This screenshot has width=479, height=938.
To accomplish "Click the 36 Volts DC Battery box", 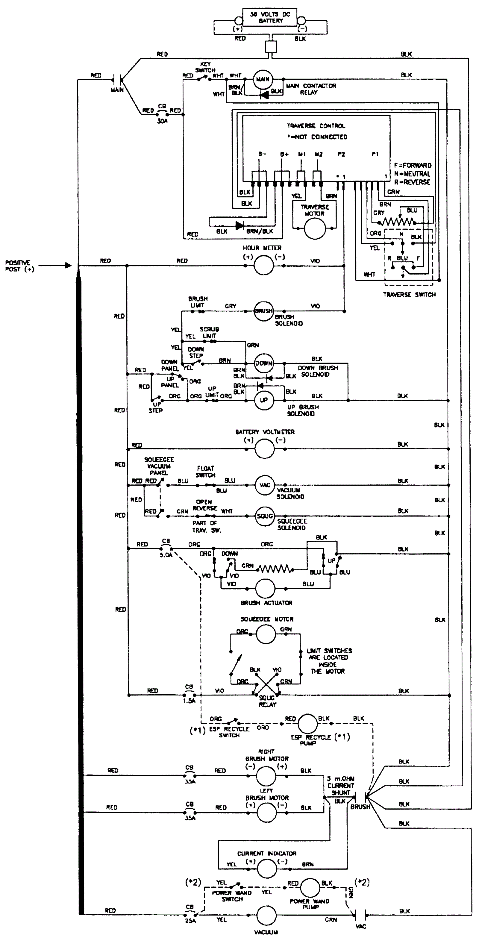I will [270, 17].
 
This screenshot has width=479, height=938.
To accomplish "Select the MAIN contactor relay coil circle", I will [263, 79].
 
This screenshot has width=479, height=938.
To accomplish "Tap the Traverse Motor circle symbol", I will [314, 229].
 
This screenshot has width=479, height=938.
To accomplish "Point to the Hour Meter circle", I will [263, 266].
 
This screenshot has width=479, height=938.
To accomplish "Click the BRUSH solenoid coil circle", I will [263, 311].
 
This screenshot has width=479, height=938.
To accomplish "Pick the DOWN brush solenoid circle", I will [264, 363].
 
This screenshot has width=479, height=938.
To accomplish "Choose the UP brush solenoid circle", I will [264, 400].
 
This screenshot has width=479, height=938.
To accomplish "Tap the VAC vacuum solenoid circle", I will [265, 485].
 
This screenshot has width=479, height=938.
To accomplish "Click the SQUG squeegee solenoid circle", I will [265, 516].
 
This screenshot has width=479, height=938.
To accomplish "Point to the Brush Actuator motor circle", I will [265, 588].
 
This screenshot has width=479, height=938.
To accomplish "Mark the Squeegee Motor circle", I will [266, 634].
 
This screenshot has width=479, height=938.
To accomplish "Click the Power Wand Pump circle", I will [310, 887].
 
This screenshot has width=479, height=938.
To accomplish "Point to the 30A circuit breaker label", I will [162, 121].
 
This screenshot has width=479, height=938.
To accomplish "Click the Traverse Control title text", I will [316, 126].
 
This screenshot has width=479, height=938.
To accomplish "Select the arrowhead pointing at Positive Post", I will [68, 266].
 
